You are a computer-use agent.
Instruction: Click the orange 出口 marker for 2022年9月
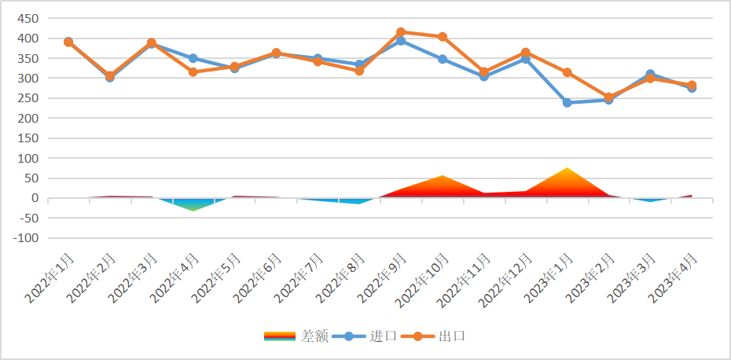click(x=401, y=32)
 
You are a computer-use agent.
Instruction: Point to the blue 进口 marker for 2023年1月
click(x=567, y=103)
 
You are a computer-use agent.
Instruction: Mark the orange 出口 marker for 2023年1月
click(x=567, y=72)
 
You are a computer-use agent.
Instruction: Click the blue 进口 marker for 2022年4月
click(x=193, y=58)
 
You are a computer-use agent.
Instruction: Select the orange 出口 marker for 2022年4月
click(x=193, y=72)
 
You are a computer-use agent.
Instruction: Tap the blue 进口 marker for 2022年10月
click(x=443, y=59)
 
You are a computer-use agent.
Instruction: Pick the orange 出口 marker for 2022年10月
click(x=443, y=37)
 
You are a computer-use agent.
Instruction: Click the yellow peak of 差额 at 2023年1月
click(x=567, y=169)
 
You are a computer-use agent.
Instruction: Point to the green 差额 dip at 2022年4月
click(x=193, y=209)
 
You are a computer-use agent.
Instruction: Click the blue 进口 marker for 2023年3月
click(x=650, y=75)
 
